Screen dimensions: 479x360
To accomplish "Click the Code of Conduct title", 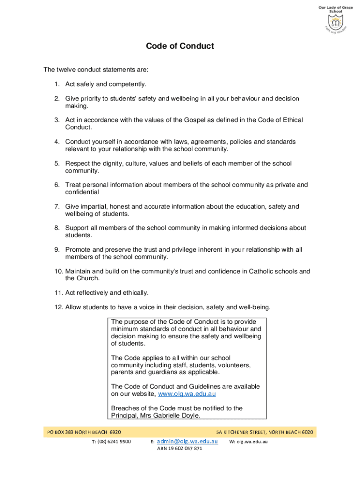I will point(180,46).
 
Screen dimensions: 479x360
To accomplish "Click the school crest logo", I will point(335,23).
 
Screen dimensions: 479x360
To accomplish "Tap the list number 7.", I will point(57,206).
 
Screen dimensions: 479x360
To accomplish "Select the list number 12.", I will point(58,307).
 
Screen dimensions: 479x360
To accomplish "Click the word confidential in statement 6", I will point(82,192).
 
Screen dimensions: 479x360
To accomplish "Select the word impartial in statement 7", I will point(95,206).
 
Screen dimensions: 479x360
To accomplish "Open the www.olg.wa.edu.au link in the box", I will point(187,394).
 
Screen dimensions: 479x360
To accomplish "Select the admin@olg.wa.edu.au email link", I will point(187,441).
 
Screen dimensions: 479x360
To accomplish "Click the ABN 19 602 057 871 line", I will point(180,449).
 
